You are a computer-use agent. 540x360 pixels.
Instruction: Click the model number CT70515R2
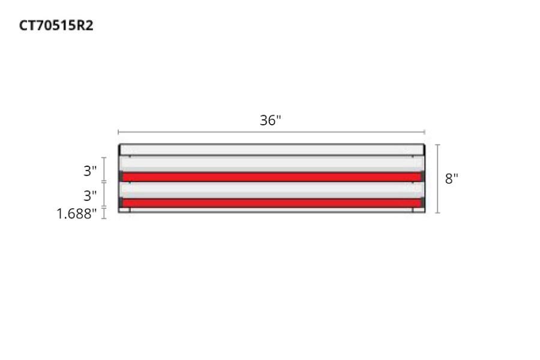point(56,26)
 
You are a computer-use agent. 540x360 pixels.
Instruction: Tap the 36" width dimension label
point(270,120)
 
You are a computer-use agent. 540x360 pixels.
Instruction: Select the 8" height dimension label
point(451,179)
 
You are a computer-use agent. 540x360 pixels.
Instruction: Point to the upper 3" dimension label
point(90,171)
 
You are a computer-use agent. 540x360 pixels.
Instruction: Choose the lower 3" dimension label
point(90,196)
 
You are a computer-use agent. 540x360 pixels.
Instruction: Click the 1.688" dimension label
point(77,214)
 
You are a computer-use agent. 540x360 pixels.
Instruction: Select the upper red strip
point(271,177)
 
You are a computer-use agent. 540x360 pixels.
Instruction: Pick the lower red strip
point(271,203)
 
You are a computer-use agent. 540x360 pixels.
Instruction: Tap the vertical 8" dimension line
point(437,179)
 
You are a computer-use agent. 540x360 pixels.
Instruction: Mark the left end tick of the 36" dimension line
point(118,132)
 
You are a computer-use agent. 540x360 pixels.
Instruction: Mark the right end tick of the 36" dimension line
point(425,132)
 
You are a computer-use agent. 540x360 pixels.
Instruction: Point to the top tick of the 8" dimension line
point(437,145)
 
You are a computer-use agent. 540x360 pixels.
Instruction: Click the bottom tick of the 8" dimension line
point(437,213)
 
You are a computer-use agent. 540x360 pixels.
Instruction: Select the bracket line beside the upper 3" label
point(104,169)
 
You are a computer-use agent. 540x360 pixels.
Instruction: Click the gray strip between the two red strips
point(271,190)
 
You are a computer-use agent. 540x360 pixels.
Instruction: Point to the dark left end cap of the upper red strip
point(121,176)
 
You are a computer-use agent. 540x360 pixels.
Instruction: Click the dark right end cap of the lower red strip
point(423,203)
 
